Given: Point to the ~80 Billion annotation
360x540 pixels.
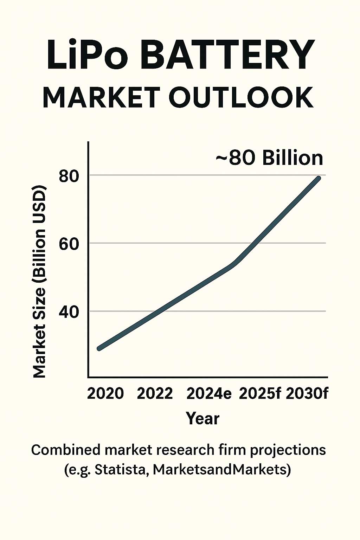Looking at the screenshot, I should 269,157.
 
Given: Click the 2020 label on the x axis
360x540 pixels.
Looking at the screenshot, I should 105,393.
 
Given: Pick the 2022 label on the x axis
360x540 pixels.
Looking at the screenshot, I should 155,393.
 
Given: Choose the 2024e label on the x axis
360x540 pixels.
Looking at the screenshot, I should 209,393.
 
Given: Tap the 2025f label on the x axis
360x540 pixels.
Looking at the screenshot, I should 260,393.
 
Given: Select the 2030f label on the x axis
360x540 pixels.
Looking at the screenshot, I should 307,393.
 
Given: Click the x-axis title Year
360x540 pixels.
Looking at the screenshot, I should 202,418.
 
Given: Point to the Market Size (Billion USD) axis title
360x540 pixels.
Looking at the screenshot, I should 39,281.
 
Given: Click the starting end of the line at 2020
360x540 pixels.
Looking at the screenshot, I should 99,348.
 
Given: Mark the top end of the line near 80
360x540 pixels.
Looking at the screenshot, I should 318,178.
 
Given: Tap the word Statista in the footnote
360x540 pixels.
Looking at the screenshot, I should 120,470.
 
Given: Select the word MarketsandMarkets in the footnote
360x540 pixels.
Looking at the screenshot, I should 218,470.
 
